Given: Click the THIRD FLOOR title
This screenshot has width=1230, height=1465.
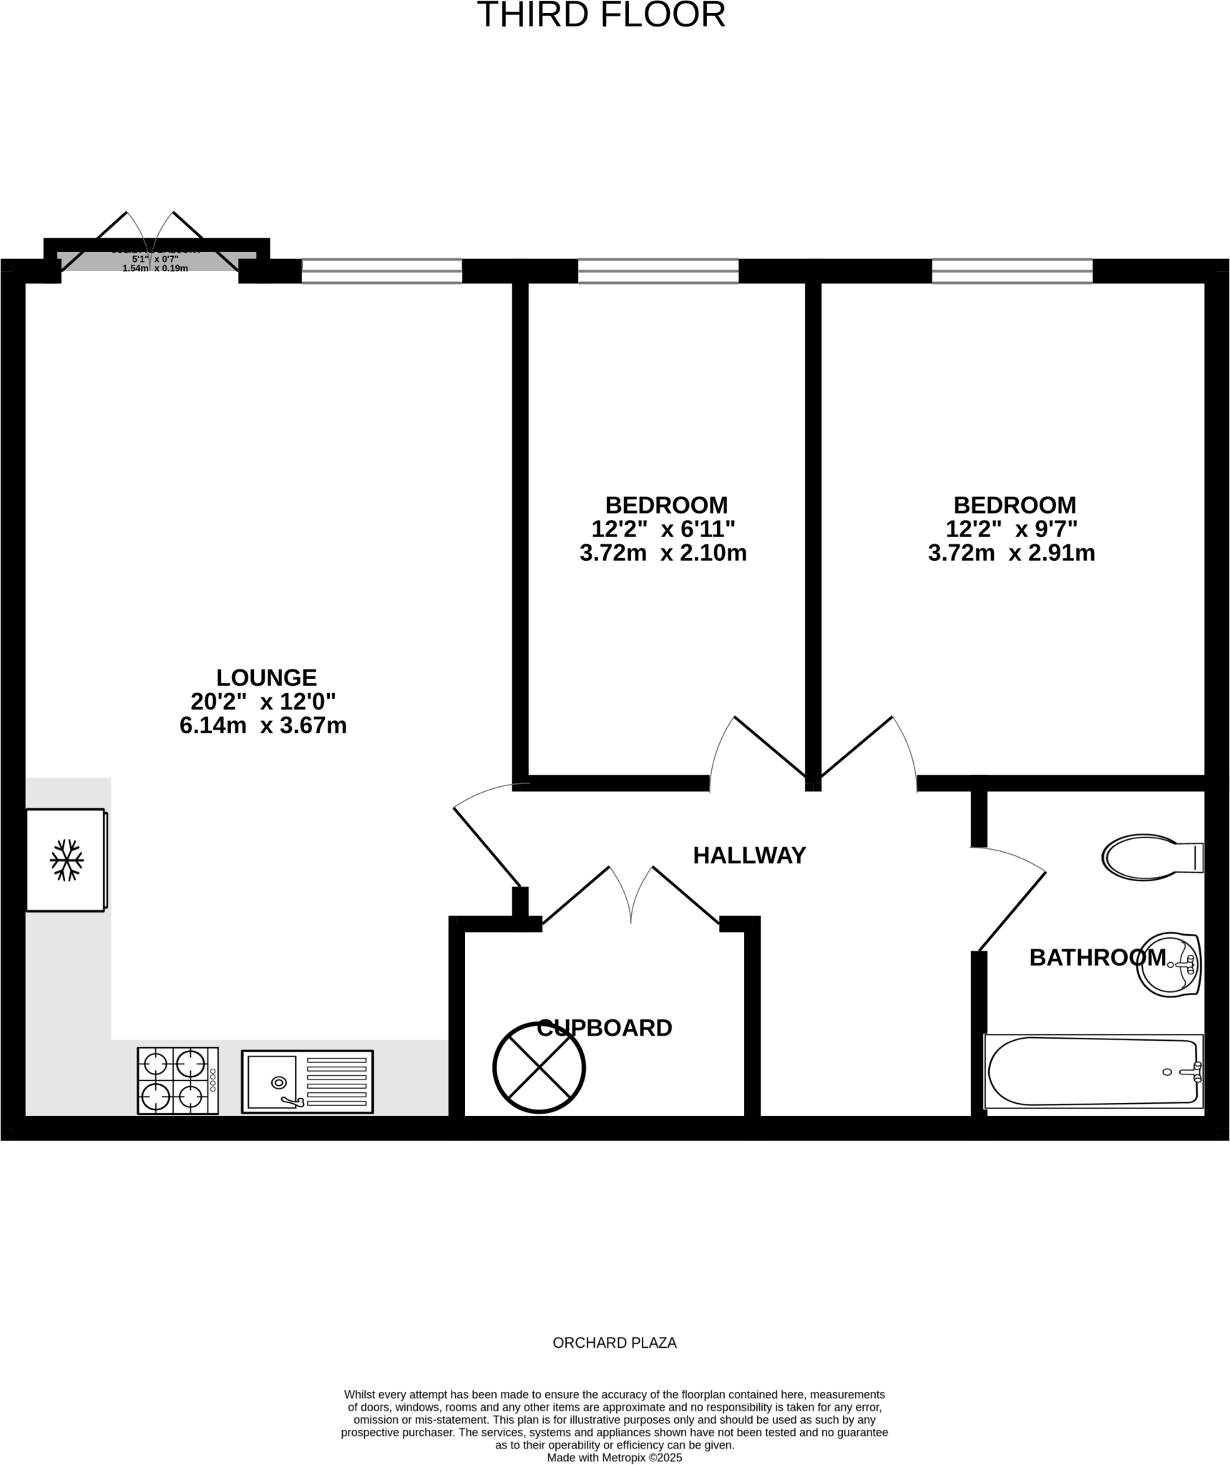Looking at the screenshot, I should click(x=601, y=15).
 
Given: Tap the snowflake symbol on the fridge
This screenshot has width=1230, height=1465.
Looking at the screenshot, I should click(x=67, y=859).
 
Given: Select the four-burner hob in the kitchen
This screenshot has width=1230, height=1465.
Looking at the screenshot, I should click(x=177, y=1080).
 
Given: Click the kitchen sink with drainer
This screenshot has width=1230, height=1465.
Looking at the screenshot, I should click(x=307, y=1081).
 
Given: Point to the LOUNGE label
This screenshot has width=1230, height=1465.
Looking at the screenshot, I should click(x=266, y=677).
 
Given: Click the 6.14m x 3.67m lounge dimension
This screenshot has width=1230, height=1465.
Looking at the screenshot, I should click(x=263, y=725).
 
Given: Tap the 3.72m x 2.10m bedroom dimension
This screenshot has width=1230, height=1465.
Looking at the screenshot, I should click(x=663, y=553).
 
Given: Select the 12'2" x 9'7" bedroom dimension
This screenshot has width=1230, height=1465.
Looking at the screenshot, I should click(x=1011, y=529).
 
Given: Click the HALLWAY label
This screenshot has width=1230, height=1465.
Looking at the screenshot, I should click(x=749, y=855).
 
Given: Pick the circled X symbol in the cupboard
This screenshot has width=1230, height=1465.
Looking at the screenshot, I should click(x=539, y=1067).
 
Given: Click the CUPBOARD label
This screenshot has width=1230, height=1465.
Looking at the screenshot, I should click(x=604, y=1028).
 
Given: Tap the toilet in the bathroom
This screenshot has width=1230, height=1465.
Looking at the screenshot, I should click(x=1151, y=856).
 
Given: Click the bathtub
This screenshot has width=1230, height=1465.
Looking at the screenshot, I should click(x=1093, y=1071).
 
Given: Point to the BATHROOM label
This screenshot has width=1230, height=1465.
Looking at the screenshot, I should click(x=1097, y=957).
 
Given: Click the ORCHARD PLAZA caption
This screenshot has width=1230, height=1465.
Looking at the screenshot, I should click(x=615, y=1343).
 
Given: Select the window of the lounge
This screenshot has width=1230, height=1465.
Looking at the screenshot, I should click(x=381, y=271).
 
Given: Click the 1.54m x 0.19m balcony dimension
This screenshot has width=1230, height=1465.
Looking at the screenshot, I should click(x=155, y=268).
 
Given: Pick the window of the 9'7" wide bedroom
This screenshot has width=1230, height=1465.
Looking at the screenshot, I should click(x=1012, y=271).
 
